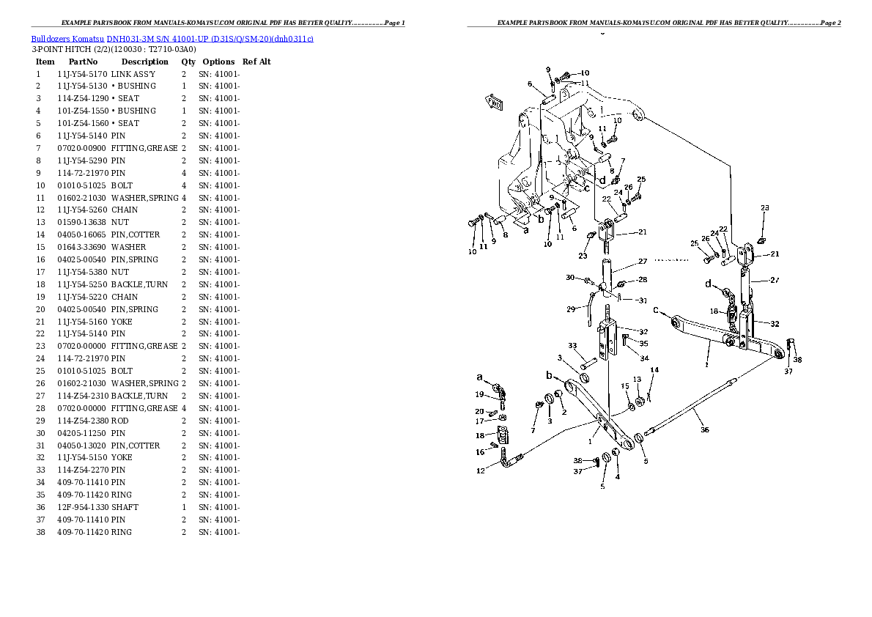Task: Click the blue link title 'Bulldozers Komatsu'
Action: click(x=67, y=38)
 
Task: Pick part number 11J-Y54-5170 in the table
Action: click(x=82, y=74)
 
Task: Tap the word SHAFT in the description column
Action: click(x=125, y=507)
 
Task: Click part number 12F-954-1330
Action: click(x=82, y=507)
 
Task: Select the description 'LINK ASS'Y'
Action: click(x=133, y=74)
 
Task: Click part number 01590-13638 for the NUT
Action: click(x=82, y=222)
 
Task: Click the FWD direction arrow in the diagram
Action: click(x=494, y=103)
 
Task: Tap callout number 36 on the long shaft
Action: click(x=705, y=430)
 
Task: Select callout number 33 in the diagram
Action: click(x=572, y=346)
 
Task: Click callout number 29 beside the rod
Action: click(x=570, y=309)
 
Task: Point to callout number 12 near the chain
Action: click(x=481, y=471)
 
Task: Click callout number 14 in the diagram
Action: click(x=654, y=369)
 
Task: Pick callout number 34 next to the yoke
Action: click(x=644, y=358)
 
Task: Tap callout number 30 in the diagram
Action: click(x=570, y=277)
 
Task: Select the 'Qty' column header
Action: click(x=188, y=62)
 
